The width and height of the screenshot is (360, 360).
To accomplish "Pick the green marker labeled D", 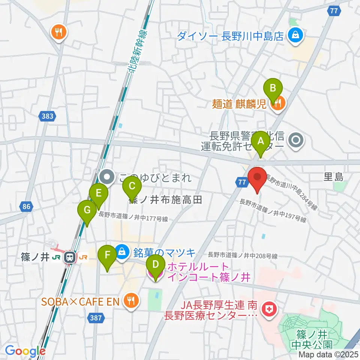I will [x=155, y=265].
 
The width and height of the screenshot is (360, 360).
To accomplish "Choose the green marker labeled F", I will [x=107, y=257].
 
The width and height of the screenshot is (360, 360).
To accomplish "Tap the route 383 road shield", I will [x=48, y=116].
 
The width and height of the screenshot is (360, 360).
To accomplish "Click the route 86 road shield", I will [x=26, y=206].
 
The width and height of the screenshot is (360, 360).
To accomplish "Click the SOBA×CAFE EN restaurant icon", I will [x=130, y=300].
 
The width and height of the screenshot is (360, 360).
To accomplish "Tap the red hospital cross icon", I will [x=269, y=309].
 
